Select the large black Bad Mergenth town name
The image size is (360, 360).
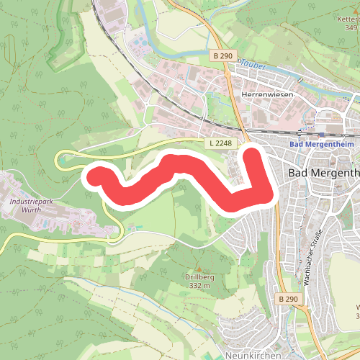(x=323, y=173)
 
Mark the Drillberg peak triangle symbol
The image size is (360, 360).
(x=199, y=269)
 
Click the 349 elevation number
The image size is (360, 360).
(x=351, y=27)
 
